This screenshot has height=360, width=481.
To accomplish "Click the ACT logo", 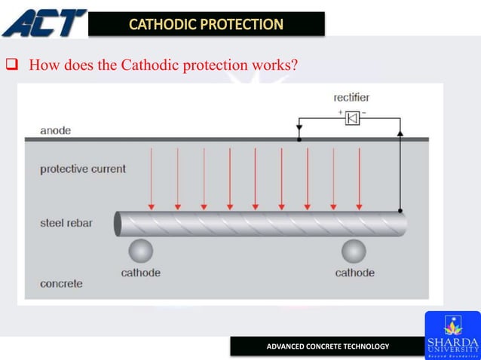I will pos(44,22).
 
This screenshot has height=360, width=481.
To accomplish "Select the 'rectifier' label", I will pos(351,98).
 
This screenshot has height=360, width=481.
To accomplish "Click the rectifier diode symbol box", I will pos(352,118).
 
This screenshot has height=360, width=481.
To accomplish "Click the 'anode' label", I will pos(56,130).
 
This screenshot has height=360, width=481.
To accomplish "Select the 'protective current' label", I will pos(83,169).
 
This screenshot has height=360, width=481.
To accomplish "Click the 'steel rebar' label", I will pos(66,224).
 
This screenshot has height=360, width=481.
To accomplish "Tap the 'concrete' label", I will pos(61,284).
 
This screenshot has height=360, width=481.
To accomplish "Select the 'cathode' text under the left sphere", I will pos(140,273).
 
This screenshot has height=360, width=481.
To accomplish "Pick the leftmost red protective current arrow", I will pos(152,179).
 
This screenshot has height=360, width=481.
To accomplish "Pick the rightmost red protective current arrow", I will pos(359,179).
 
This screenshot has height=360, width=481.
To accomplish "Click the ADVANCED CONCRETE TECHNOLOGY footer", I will pos(328,346).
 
